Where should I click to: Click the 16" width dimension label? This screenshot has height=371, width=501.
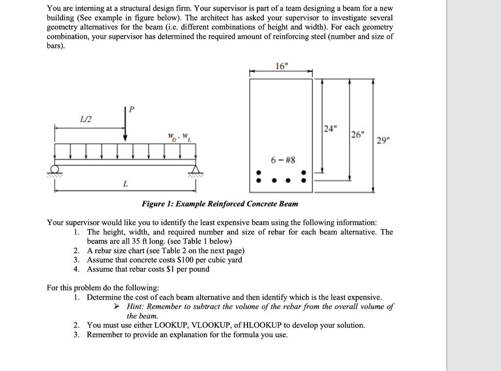point(282,67)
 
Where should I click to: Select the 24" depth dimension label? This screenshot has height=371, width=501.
point(330,129)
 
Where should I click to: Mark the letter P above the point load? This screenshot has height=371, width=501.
point(131,109)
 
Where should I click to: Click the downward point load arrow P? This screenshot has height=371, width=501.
point(126,126)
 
